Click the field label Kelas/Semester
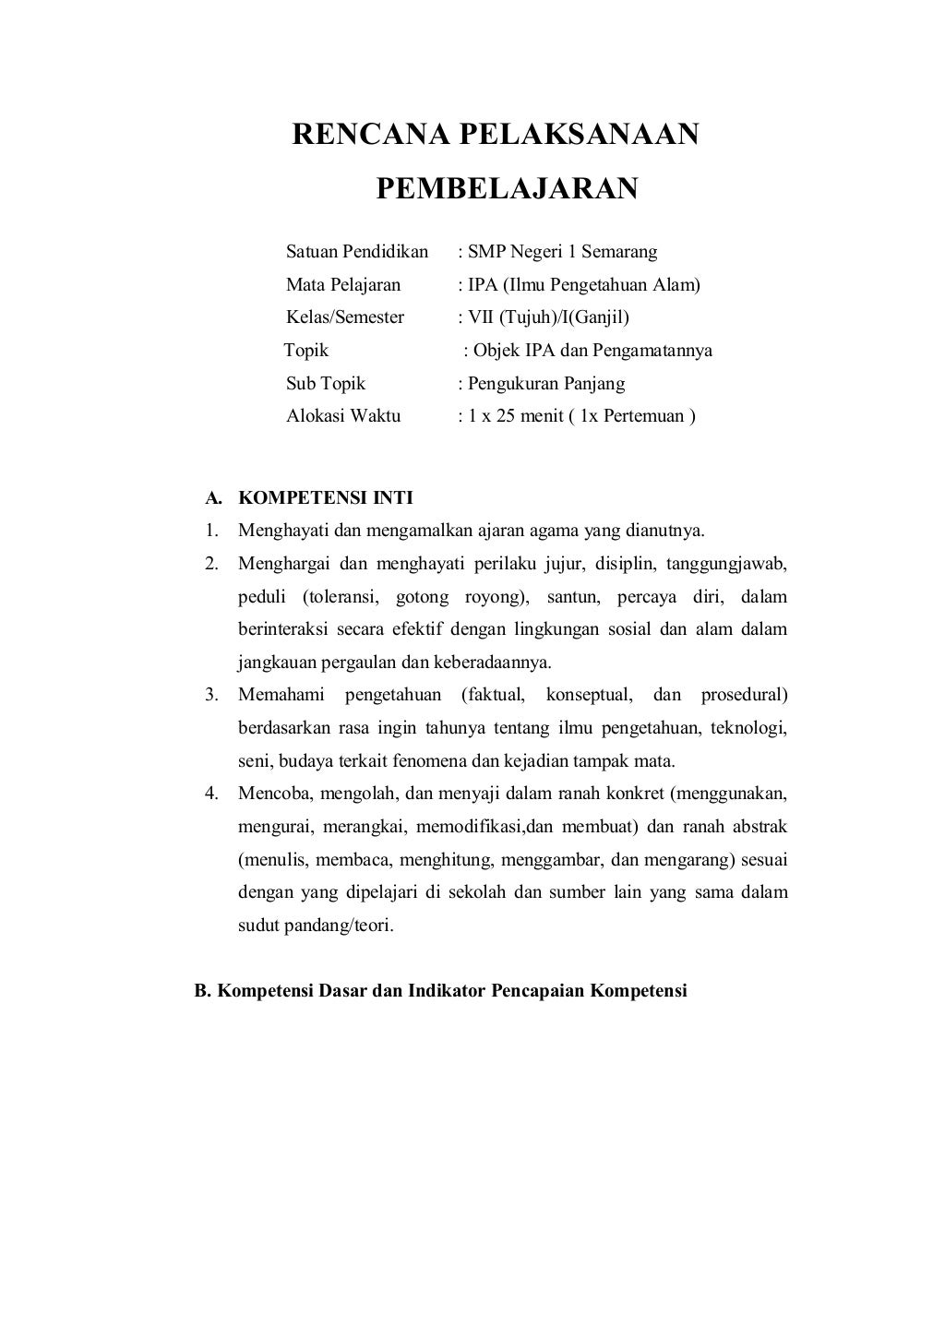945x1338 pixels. tap(345, 317)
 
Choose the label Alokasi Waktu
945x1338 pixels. tap(343, 415)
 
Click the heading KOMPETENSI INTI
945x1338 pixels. tap(326, 498)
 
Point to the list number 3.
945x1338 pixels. tap(211, 694)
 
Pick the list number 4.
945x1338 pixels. tap(211, 793)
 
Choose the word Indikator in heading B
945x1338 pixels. tap(447, 992)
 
